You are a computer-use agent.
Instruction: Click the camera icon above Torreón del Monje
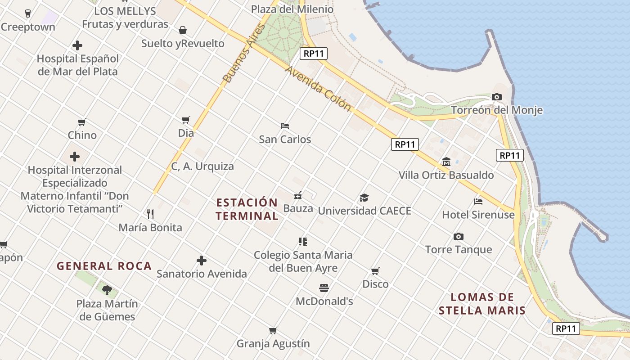click(497, 97)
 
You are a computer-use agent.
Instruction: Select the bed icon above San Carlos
click(284, 126)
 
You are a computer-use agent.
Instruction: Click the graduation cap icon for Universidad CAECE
click(364, 198)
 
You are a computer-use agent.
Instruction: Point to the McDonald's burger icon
click(324, 288)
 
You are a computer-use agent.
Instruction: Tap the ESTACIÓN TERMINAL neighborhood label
click(247, 209)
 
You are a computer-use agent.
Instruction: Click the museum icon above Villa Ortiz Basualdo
click(446, 162)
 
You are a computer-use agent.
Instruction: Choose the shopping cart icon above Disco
click(375, 271)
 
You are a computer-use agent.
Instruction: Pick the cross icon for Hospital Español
click(77, 45)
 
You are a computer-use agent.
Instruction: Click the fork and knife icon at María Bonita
click(150, 214)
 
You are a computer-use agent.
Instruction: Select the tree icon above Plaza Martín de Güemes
click(107, 290)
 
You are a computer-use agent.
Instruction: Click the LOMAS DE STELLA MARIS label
click(482, 304)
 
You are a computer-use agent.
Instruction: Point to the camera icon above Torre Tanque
click(459, 236)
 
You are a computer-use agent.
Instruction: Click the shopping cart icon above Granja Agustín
click(273, 331)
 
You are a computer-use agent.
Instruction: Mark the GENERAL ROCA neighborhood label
click(104, 266)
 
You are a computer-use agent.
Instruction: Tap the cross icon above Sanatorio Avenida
click(202, 261)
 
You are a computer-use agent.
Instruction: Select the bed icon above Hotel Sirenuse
click(478, 202)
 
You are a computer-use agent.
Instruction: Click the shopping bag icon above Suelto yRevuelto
click(183, 30)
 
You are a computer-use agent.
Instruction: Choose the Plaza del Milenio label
click(292, 9)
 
